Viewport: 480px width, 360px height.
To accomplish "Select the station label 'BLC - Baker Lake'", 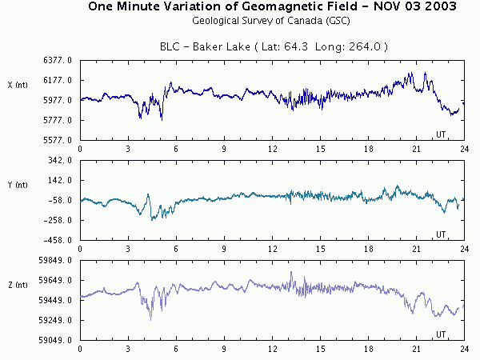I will (x=216, y=47).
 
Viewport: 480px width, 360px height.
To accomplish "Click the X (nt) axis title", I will (x=17, y=84).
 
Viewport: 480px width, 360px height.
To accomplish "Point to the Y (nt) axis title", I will (x=17, y=184).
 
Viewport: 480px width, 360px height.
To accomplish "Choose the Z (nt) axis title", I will (x=17, y=284).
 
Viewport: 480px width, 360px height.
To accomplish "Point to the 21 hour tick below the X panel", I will (x=416, y=149).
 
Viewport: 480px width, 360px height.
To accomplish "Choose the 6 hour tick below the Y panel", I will (x=176, y=249).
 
